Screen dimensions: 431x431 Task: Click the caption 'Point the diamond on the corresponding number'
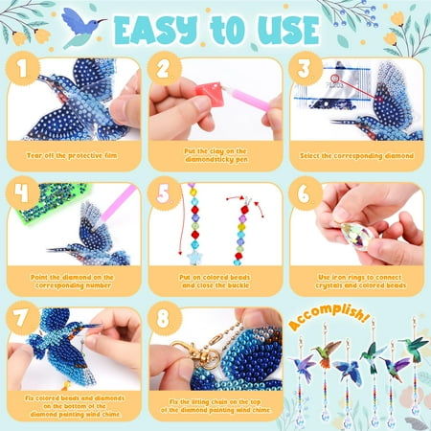click(x=74, y=280)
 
